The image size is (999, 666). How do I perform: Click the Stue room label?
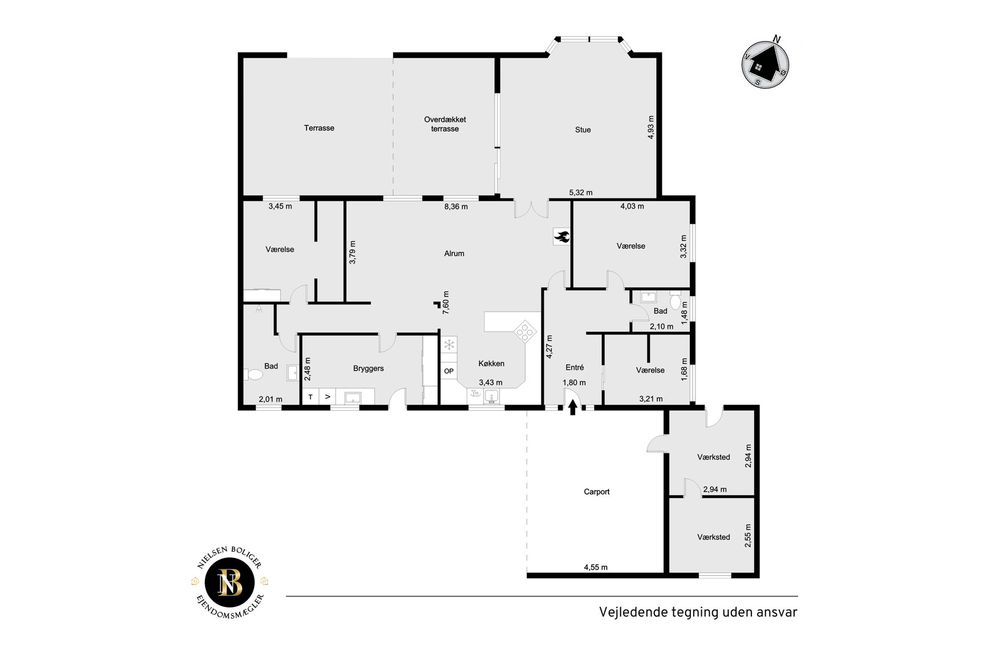coord(583,130)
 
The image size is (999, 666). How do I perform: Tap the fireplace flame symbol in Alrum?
coord(561,236)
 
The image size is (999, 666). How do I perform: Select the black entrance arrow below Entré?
coord(573,407)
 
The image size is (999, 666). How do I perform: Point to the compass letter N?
coord(776,39)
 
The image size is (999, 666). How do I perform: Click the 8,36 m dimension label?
coord(456,207)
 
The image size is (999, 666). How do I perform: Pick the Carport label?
coord(597,491)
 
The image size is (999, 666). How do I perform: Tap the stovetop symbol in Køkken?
coord(524,331)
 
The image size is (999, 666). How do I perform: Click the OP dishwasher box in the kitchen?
coord(449,371)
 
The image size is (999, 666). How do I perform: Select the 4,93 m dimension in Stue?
coord(651,127)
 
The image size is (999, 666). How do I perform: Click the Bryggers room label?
coord(369,369)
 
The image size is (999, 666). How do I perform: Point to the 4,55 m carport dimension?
coord(596,567)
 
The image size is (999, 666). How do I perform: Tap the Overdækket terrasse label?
coord(445,124)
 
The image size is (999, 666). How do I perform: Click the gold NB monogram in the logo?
coord(230,583)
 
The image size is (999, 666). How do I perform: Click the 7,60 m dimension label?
coord(446,302)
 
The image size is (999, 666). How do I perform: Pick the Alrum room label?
coord(454,253)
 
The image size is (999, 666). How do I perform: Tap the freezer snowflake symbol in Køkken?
coord(449,344)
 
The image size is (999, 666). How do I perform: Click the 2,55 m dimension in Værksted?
coord(748,536)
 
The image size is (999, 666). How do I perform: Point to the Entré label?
coord(575,368)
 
